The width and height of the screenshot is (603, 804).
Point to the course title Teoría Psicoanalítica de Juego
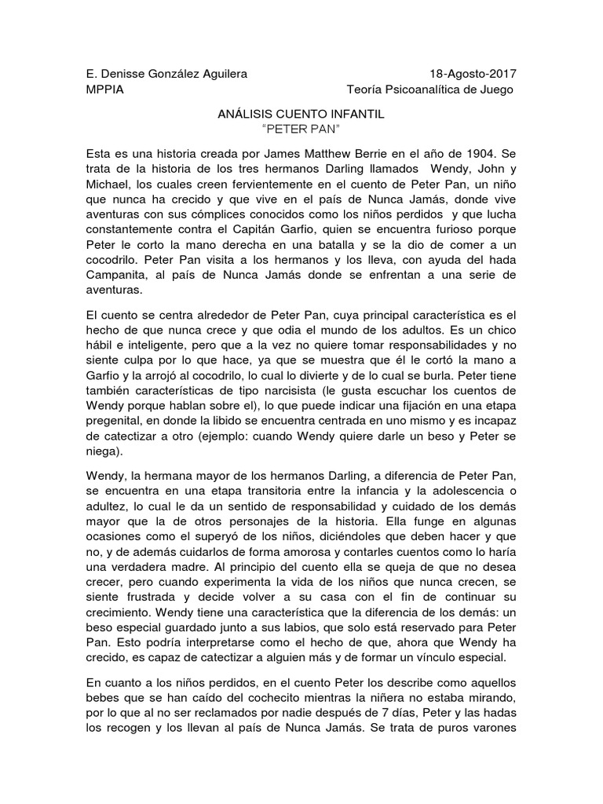click(430, 90)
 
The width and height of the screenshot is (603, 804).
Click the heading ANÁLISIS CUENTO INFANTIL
click(301, 114)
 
